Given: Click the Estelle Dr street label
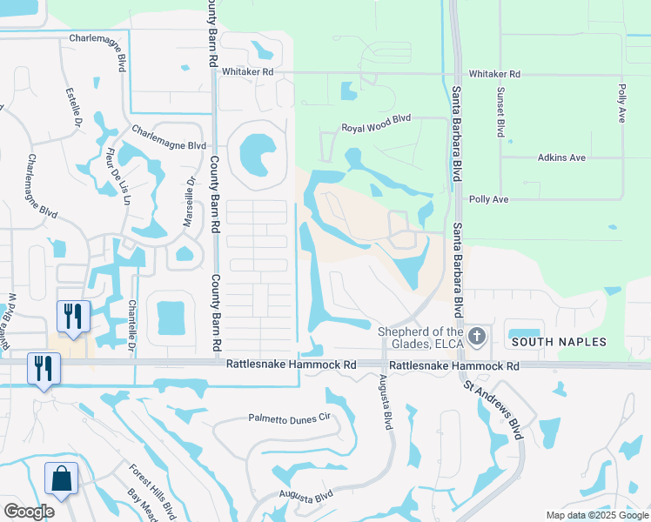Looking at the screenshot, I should coord(72,105).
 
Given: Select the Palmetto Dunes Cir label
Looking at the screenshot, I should coord(291,418).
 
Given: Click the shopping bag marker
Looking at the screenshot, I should coord(62,478).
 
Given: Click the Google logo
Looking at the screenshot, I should coord(29,511).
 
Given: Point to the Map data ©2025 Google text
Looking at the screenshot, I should coord(597,515).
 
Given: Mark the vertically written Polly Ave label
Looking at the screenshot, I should coord(622,102).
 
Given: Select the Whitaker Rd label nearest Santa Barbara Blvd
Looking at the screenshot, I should coord(493,75).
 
